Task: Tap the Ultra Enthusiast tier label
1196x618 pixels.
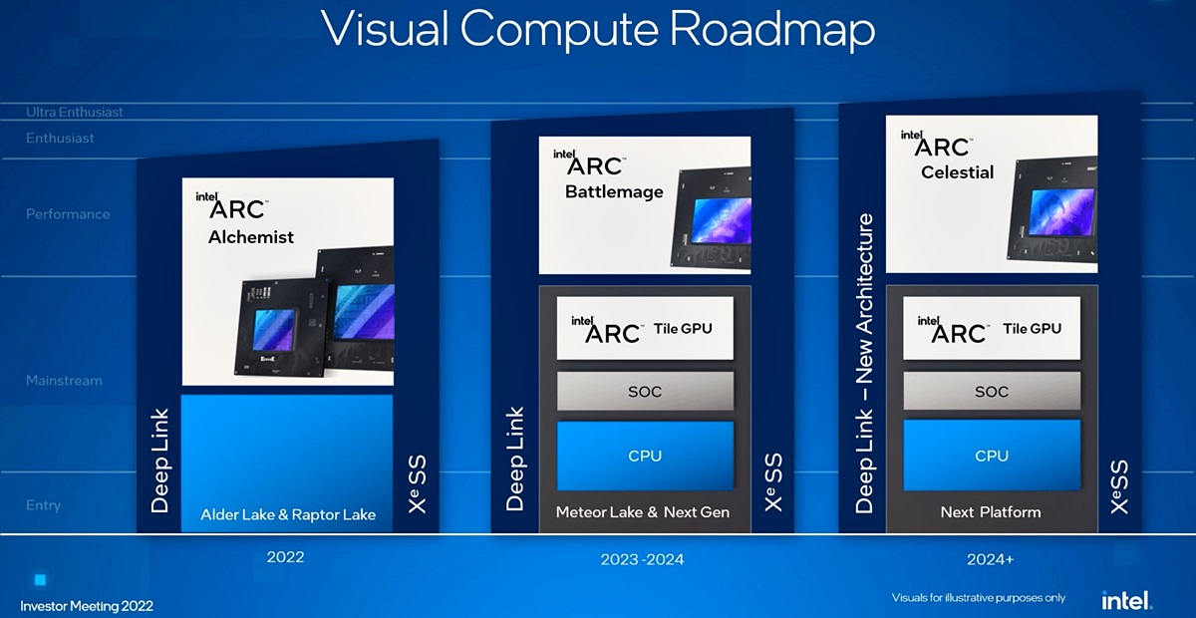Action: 74,112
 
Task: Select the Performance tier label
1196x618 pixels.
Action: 68,214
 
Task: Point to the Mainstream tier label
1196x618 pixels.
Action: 64,381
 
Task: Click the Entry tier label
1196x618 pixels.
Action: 43,505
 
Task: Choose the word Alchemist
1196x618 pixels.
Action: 251,236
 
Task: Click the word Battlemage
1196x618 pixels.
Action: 614,191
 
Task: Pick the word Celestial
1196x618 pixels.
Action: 958,172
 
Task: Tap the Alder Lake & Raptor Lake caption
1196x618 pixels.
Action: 288,514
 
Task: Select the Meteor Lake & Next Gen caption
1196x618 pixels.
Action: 642,512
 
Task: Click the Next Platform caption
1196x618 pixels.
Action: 991,512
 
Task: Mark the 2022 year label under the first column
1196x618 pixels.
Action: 285,557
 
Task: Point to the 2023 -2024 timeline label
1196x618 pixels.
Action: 642,559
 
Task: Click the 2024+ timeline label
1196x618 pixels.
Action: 990,559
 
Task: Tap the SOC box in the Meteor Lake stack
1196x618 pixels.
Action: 645,391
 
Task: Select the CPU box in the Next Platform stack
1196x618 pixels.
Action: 992,456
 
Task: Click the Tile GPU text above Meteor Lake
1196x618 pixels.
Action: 683,329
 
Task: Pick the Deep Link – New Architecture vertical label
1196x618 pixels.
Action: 864,364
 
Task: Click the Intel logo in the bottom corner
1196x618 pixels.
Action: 1126,600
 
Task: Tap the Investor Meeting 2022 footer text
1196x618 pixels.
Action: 87,606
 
